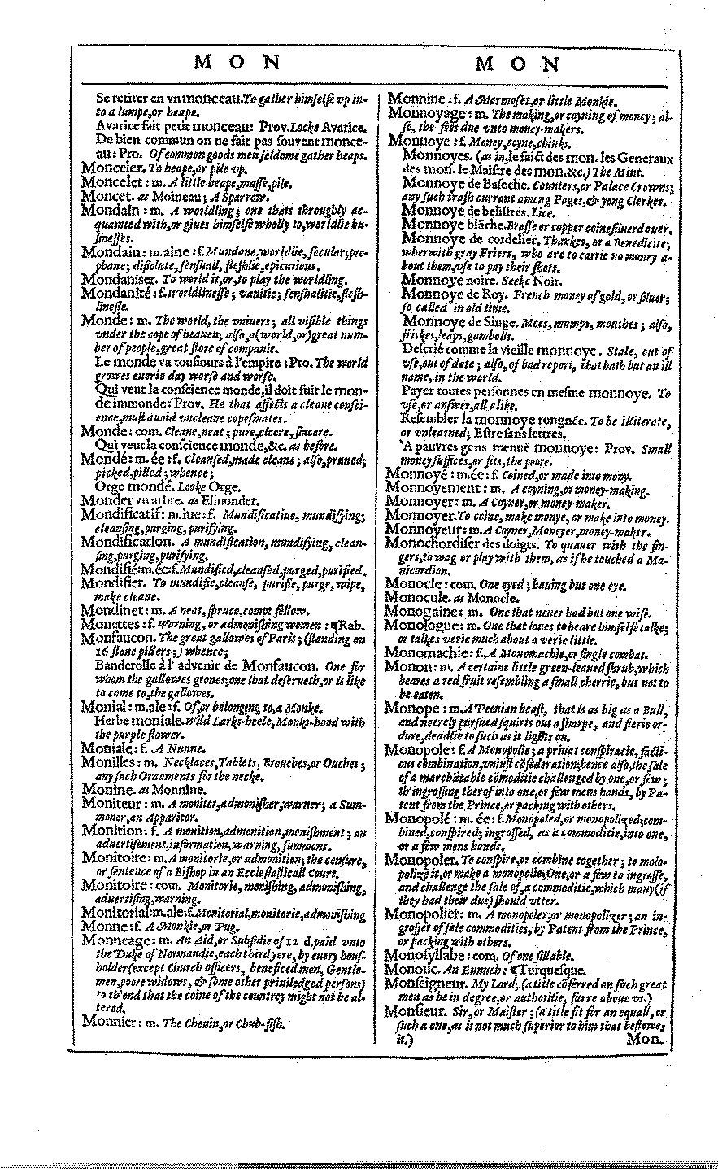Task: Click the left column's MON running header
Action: (x=237, y=64)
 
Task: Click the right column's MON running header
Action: (x=516, y=64)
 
